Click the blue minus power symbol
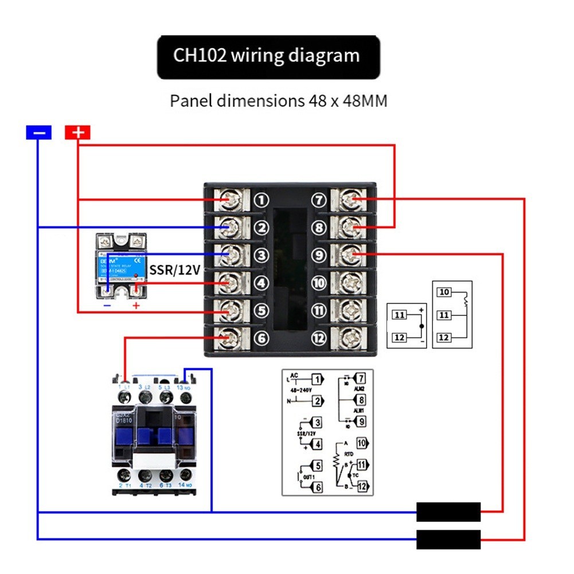tap(38, 133)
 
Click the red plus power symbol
tap(77, 133)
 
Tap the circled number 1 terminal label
tap(261, 200)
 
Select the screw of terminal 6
tap(229, 337)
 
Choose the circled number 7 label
tap(319, 200)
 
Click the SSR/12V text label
tap(174, 269)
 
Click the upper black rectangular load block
tap(448, 511)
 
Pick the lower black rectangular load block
tap(448, 540)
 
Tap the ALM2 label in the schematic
tap(359, 389)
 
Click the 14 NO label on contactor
tap(185, 486)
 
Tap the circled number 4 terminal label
tap(261, 283)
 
